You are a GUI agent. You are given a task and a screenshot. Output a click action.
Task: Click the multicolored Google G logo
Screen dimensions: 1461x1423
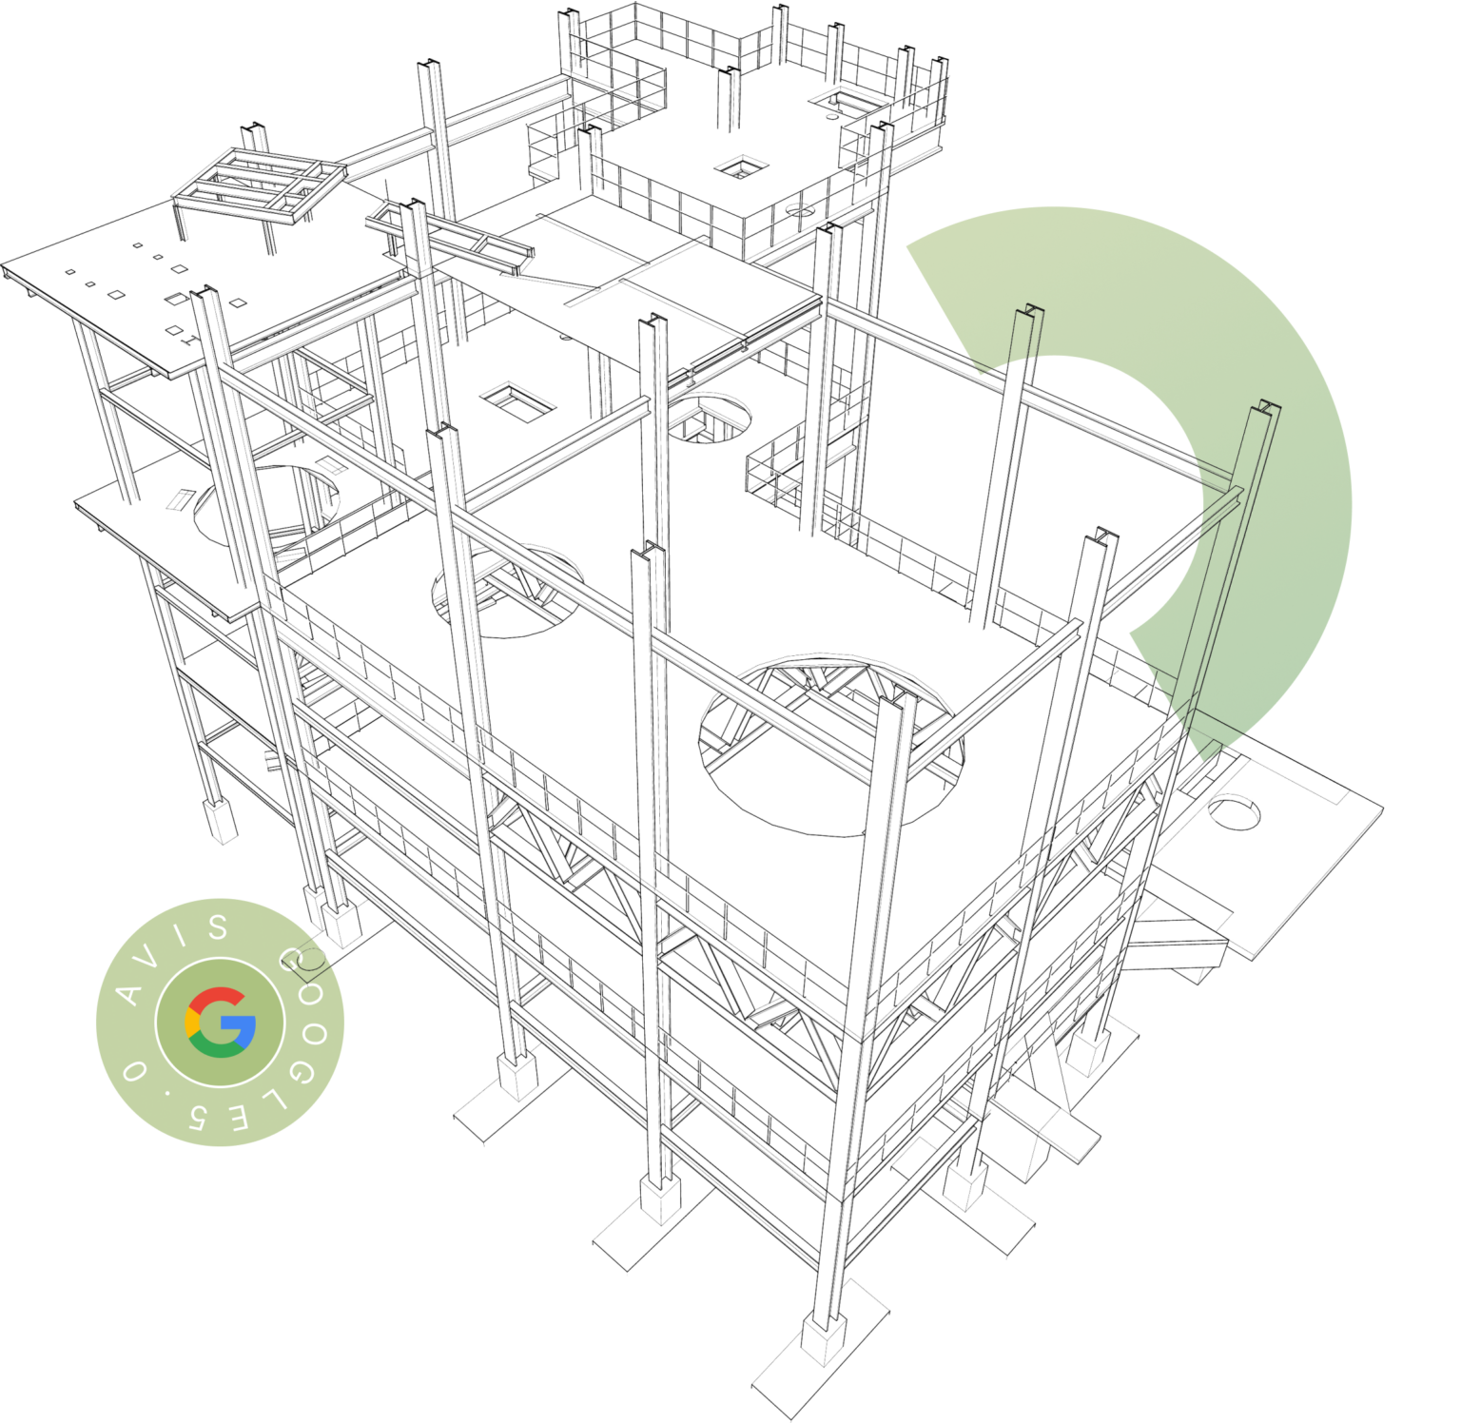pos(221,1023)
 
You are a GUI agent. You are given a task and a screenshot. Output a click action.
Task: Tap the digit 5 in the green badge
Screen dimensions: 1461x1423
pos(198,1114)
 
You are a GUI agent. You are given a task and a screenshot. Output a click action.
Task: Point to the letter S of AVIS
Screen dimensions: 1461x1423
pos(218,926)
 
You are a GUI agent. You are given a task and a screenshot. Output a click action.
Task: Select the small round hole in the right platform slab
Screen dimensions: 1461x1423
pos(1234,813)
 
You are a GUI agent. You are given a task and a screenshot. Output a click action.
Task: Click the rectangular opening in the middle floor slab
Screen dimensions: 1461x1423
pos(517,401)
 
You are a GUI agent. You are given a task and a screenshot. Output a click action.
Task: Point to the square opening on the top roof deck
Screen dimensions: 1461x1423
pos(740,168)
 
